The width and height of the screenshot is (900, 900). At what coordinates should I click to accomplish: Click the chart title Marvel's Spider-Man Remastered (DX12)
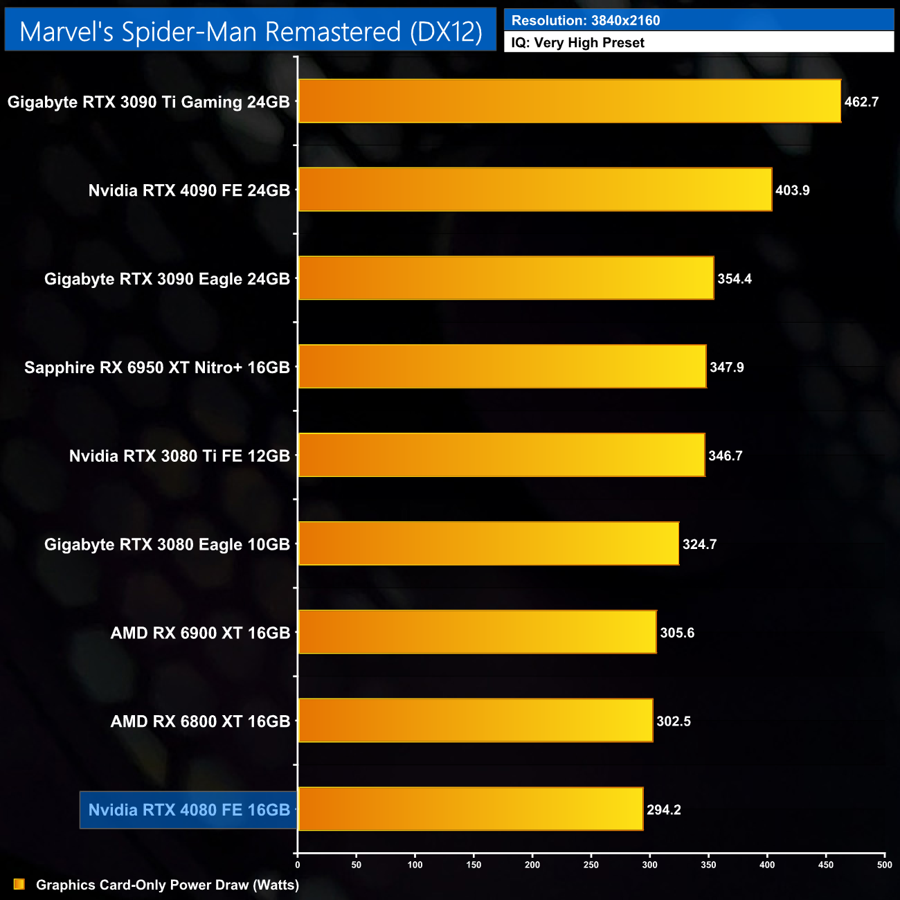[251, 32]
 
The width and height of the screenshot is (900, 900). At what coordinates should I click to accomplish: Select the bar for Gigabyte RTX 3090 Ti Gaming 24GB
[569, 101]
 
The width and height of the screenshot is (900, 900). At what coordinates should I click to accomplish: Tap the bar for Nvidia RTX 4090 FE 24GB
[534, 190]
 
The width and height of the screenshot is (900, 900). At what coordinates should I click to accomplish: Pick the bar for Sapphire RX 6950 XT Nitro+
[502, 366]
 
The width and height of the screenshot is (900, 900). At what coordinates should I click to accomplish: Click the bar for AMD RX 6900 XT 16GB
[477, 632]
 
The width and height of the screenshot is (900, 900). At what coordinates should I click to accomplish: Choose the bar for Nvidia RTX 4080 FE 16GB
[470, 809]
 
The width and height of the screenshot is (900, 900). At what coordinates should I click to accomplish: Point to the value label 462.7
[861, 102]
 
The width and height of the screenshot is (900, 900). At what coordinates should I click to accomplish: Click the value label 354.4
[734, 279]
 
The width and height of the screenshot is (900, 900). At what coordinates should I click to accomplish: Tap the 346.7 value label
[725, 456]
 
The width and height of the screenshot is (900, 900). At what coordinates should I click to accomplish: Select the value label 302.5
[674, 721]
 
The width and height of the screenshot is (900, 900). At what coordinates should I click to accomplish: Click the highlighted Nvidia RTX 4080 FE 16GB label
[189, 810]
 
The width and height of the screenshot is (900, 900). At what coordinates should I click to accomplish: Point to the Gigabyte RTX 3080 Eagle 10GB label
[167, 544]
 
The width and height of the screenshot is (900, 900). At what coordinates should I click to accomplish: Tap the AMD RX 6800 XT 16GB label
[200, 721]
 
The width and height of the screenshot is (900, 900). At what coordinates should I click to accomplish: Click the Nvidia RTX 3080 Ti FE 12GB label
[179, 456]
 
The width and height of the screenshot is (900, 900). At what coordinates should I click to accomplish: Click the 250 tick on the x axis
[591, 865]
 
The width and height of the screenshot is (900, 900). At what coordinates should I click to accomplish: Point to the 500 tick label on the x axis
[884, 865]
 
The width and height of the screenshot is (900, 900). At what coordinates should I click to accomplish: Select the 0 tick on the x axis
[298, 865]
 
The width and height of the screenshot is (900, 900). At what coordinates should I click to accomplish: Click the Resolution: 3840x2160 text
[586, 21]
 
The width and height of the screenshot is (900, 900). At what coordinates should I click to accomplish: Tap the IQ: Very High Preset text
[577, 43]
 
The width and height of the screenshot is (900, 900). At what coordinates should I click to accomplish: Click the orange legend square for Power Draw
[19, 885]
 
